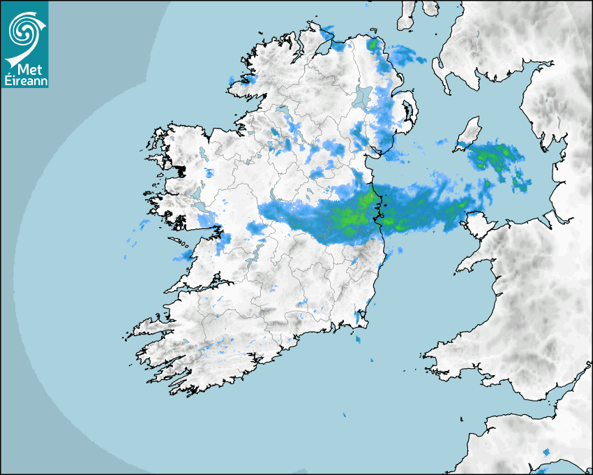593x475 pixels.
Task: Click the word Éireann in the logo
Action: point(25,80)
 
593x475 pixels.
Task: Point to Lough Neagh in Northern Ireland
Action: point(362,97)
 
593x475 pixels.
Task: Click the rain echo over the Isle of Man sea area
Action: point(497,158)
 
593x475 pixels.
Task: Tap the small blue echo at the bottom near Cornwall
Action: point(544,455)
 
